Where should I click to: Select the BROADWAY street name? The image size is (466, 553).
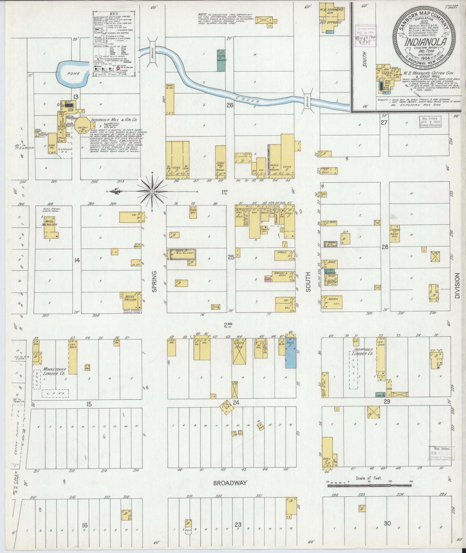coord(230,483)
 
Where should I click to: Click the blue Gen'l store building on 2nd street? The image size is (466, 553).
coord(290,353)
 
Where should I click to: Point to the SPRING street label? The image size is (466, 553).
coord(154,281)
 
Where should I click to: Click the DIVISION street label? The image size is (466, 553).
coord(457,286)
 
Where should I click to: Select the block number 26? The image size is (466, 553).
coord(230,105)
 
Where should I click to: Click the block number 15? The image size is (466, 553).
coord(89,404)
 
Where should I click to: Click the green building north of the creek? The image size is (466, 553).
coord(221,60)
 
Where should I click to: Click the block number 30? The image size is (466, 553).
coord(387,523)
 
